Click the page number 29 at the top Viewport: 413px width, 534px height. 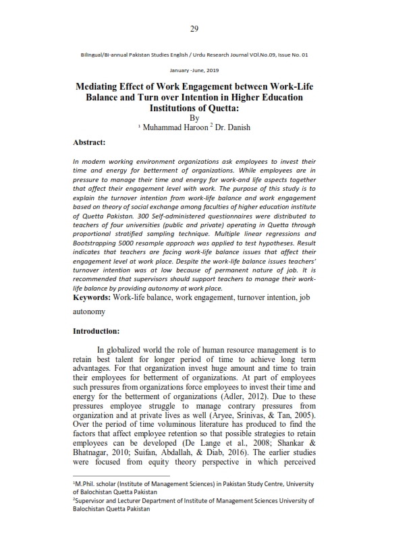pos(194,28)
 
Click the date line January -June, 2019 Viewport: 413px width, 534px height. pos(194,70)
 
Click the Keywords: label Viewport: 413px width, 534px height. pos(92,297)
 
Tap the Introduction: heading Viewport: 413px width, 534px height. pos(96,331)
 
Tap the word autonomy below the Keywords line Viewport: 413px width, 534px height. pos(89,313)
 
